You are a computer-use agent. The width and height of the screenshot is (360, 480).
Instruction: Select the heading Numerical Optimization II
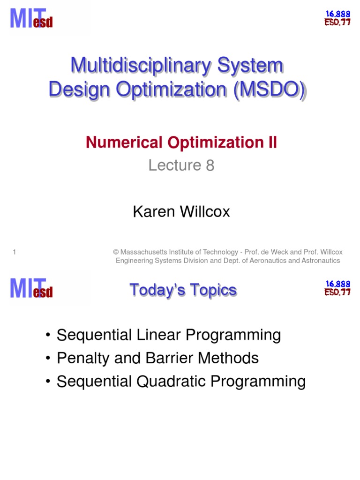pos(181,142)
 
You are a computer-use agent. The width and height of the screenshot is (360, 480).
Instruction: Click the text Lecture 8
pos(181,165)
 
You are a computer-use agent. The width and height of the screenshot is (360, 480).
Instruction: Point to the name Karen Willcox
pos(181,212)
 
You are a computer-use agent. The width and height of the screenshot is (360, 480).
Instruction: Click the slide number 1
pos(15,252)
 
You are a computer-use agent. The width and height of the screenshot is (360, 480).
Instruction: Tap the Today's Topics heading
pos(183,290)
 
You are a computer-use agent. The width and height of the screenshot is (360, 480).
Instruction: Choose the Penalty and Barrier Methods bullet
pos(157,358)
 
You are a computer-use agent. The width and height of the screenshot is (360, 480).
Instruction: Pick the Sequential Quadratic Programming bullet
pos(181,381)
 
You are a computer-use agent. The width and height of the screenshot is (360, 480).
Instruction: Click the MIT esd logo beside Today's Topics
pos(31,287)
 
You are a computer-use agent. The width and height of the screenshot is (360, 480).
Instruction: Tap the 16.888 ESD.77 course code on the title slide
pos(337,17)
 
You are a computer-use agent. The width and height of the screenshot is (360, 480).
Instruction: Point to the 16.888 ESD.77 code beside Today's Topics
pos(337,288)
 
